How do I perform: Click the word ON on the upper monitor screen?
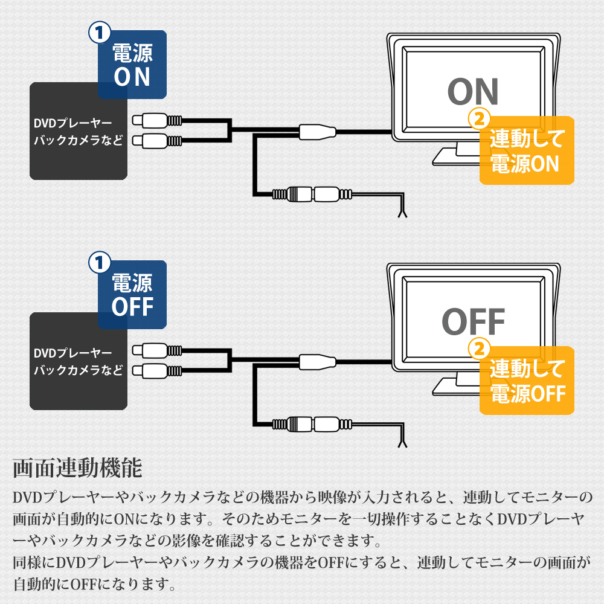point(473,92)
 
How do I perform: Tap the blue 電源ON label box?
point(132,65)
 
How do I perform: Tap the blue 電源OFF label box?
point(132,295)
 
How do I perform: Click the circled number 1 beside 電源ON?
point(99,32)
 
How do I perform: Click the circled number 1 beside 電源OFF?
point(99,262)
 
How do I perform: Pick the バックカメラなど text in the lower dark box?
point(78,370)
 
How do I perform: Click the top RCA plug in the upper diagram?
point(157,120)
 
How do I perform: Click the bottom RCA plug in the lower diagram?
point(157,370)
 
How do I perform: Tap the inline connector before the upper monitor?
point(316,130)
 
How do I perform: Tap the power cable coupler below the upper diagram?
point(311,194)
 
